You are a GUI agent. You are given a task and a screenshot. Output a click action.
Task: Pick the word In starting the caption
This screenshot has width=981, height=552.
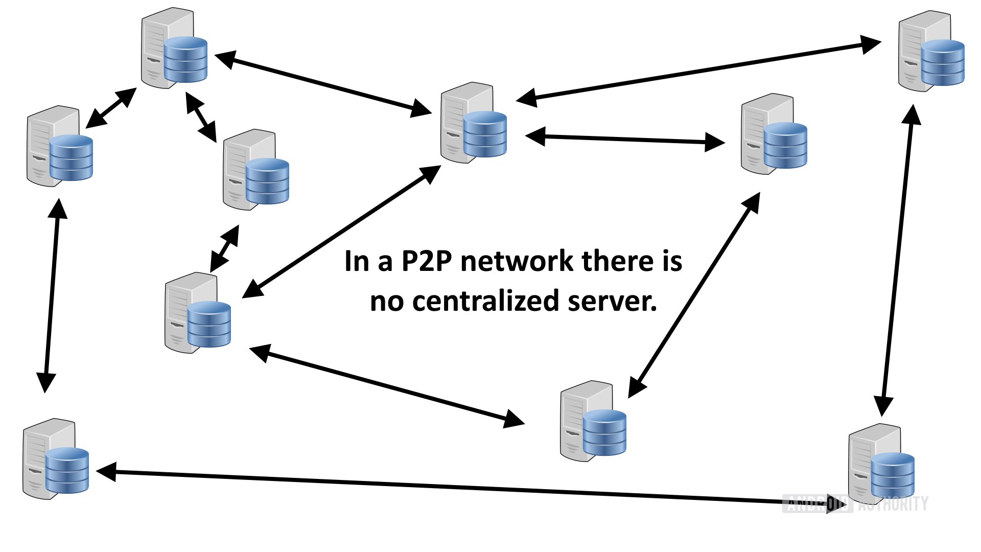tap(357, 261)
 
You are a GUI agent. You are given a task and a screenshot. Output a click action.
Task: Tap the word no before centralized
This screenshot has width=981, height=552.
tap(387, 302)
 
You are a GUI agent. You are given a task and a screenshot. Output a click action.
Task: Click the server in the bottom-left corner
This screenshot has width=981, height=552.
tap(55, 458)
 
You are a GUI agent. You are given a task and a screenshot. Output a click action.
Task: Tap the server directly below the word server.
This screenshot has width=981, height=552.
tap(593, 421)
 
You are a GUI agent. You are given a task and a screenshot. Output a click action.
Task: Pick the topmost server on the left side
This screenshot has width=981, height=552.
tap(174, 48)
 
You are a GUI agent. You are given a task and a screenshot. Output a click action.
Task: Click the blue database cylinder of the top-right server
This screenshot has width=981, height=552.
tap(943, 62)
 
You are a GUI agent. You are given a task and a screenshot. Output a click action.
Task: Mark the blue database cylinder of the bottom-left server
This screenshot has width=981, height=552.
tap(67, 470)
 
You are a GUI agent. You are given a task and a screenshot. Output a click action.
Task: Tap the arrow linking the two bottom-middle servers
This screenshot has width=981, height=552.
tap(387, 386)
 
